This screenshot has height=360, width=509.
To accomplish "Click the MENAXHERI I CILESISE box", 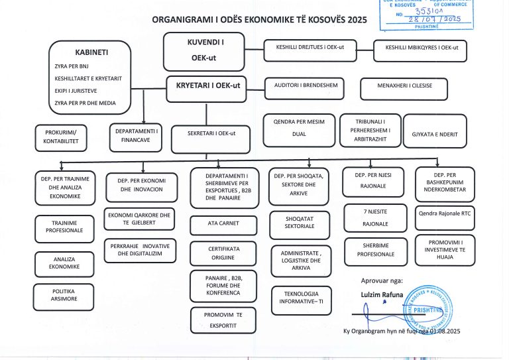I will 404,88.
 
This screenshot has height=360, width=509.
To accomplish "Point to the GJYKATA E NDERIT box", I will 435,135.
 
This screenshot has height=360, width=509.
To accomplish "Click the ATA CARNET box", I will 223,223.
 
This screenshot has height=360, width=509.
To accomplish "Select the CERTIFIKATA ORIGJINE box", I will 223,252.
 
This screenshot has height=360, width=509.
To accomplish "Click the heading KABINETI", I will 92,52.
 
